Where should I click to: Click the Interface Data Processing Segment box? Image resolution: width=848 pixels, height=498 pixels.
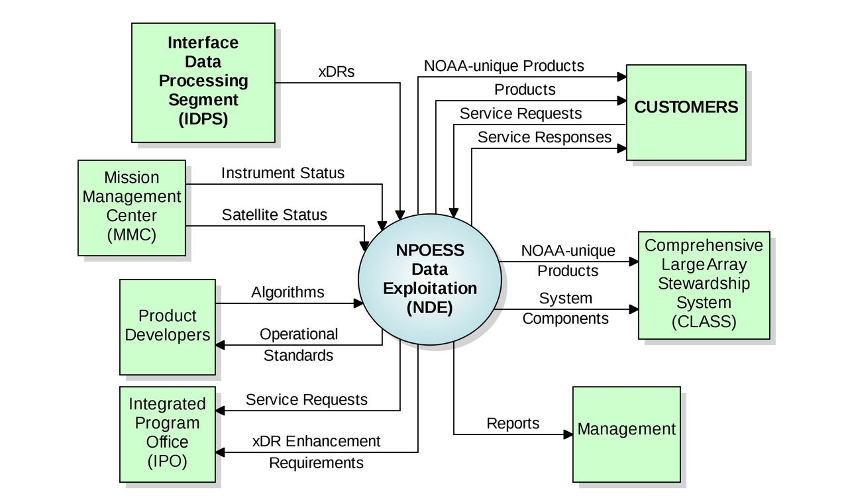pos(203,82)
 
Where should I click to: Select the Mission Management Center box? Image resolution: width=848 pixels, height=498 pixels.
pos(131,207)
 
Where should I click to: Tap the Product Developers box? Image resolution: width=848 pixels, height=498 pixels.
pos(167,326)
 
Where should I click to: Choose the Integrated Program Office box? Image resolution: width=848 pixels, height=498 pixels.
pos(167,434)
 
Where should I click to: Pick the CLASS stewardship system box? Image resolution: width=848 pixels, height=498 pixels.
pos(704,285)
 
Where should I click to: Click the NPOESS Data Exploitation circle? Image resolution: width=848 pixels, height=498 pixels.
pos(430,279)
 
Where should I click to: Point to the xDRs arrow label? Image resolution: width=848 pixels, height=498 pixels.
pos(337,72)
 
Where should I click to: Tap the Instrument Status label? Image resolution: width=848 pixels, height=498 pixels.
pos(283,174)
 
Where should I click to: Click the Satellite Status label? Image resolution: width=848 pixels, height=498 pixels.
pos(274,215)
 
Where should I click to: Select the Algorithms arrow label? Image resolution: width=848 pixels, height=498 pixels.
pos(288,292)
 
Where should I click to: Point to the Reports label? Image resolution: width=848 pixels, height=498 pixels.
pos(513,424)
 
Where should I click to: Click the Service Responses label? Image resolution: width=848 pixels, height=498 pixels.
pos(545,137)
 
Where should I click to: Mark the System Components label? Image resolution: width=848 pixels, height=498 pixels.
pos(565,309)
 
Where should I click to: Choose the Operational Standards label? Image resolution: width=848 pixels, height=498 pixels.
pos(298,345)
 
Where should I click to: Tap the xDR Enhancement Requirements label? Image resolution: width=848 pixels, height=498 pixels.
pos(316,452)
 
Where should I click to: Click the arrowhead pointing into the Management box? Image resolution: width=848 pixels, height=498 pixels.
pos(568,434)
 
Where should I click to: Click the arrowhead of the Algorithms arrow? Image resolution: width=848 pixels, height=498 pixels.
pos(360,303)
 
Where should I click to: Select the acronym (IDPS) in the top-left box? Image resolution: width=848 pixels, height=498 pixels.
pos(203,120)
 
